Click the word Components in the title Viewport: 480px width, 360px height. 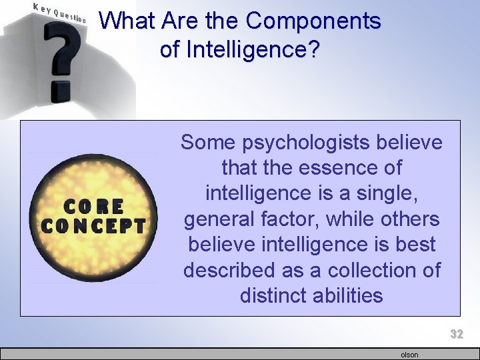313,21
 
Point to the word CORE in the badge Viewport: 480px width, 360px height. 94,206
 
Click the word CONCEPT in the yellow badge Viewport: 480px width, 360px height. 93,225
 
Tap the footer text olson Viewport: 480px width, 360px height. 409,355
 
